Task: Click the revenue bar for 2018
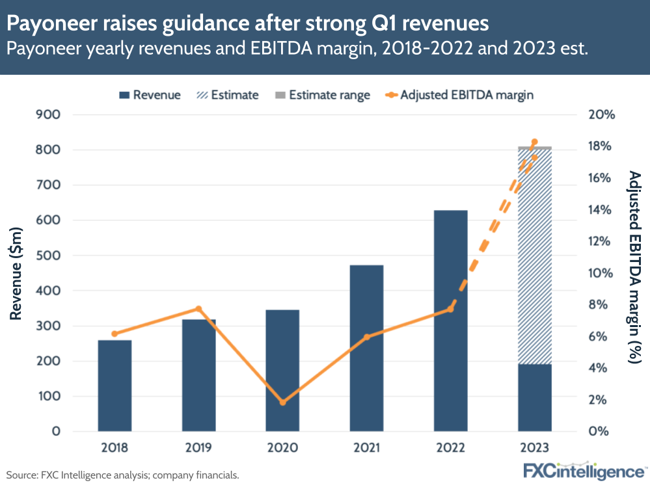coord(115,385)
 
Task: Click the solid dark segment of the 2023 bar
coord(534,397)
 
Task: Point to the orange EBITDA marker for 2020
coord(282,402)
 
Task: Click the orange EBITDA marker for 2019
coord(198,309)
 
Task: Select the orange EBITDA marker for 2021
coord(366,337)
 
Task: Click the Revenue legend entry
coord(150,95)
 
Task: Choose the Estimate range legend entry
coord(322,95)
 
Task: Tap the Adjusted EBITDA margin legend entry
coord(459,95)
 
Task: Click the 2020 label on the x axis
coord(282,448)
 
